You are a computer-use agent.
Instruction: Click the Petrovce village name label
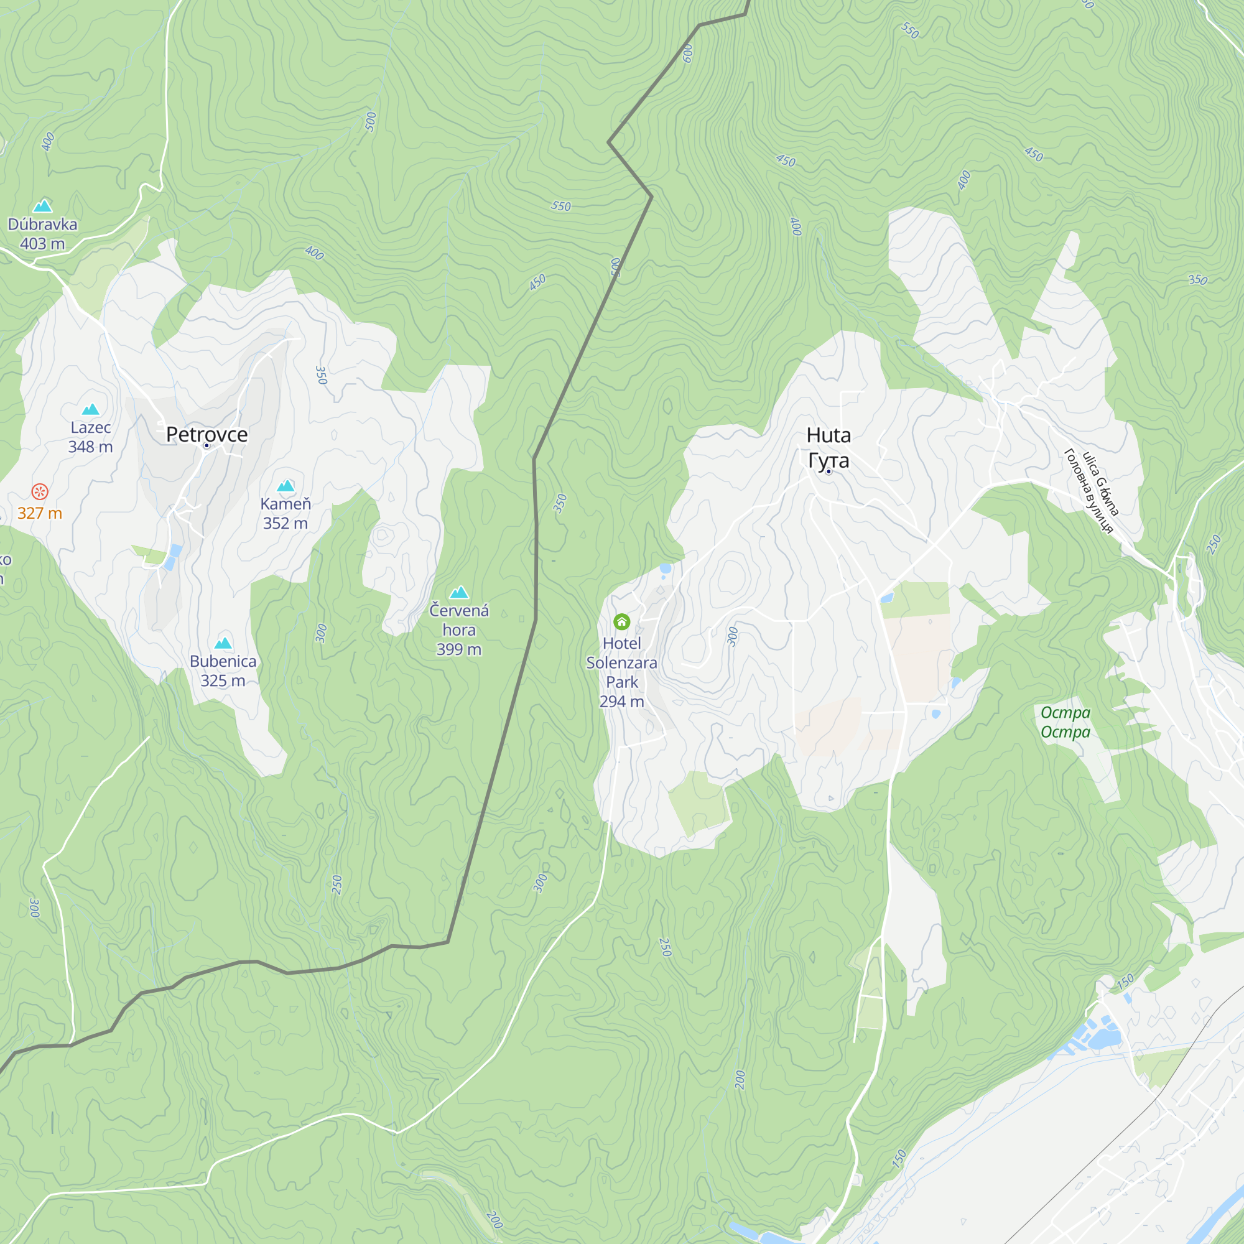[x=207, y=434]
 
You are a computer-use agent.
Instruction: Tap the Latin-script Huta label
[x=828, y=435]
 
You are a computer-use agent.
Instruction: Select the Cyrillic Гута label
[x=828, y=460]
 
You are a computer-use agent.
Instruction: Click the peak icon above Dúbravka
[x=42, y=206]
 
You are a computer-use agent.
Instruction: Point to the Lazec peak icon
[x=90, y=409]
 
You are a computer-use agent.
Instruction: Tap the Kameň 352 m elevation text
[x=285, y=524]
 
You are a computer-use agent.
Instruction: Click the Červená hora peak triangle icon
[x=459, y=592]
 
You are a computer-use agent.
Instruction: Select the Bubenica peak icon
[x=223, y=643]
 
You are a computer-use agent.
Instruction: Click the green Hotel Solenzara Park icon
[x=621, y=621]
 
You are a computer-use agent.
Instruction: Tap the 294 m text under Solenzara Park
[x=621, y=702]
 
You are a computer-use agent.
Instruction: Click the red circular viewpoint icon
[x=40, y=492]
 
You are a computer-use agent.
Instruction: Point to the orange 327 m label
[x=40, y=513]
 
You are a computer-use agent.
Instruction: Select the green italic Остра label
[x=1065, y=713]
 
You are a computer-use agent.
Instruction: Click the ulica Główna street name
[x=1101, y=483]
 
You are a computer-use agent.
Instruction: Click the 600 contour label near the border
[x=688, y=53]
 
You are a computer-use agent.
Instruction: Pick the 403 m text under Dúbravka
[x=42, y=244]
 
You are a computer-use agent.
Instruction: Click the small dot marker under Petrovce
[x=207, y=445]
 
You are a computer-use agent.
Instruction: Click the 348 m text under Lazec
[x=90, y=447]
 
